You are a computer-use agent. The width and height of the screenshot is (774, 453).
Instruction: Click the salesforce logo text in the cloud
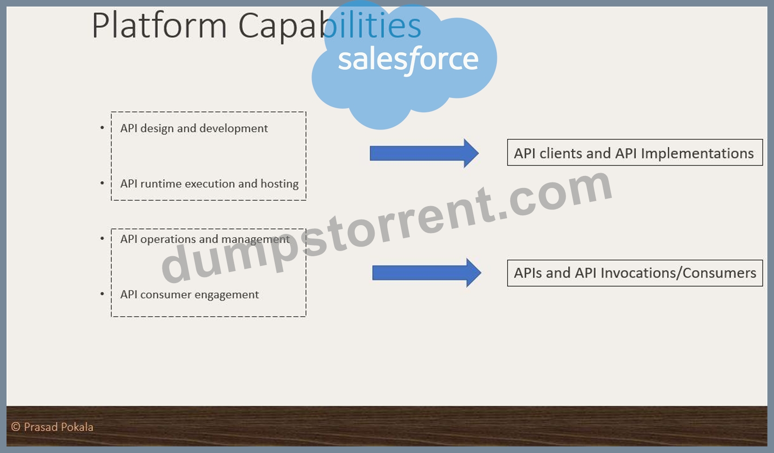pyautogui.click(x=408, y=60)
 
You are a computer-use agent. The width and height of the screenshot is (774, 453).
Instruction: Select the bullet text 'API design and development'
pyautogui.click(x=194, y=129)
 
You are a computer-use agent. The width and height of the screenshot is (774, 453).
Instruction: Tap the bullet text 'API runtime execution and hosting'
pyautogui.click(x=209, y=184)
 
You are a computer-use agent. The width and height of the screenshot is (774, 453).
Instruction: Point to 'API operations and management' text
pyautogui.click(x=205, y=239)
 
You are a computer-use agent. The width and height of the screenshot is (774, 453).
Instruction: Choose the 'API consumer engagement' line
pyautogui.click(x=189, y=295)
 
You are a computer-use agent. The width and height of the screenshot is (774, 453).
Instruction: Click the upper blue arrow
pyautogui.click(x=424, y=154)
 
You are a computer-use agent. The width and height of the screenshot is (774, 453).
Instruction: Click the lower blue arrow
pyautogui.click(x=427, y=273)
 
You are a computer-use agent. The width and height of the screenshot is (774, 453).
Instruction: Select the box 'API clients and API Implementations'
pyautogui.click(x=635, y=153)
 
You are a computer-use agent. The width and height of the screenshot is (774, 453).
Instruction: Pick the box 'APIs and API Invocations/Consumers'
pyautogui.click(x=635, y=273)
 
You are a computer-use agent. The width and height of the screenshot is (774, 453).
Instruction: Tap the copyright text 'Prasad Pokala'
pyautogui.click(x=59, y=427)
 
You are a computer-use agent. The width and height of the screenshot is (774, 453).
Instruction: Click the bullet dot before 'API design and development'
pyautogui.click(x=102, y=128)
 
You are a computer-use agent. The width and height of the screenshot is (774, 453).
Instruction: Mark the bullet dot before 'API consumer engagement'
pyautogui.click(x=102, y=294)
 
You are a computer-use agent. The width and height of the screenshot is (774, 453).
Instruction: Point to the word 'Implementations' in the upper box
pyautogui.click(x=697, y=154)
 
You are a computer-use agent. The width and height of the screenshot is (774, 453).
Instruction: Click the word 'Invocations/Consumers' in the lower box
pyautogui.click(x=678, y=273)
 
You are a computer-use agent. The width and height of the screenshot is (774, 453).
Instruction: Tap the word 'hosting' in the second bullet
pyautogui.click(x=280, y=184)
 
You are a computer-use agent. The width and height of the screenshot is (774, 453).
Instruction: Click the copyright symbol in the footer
pyautogui.click(x=15, y=427)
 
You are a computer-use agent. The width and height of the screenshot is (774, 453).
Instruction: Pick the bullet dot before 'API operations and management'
pyautogui.click(x=102, y=239)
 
